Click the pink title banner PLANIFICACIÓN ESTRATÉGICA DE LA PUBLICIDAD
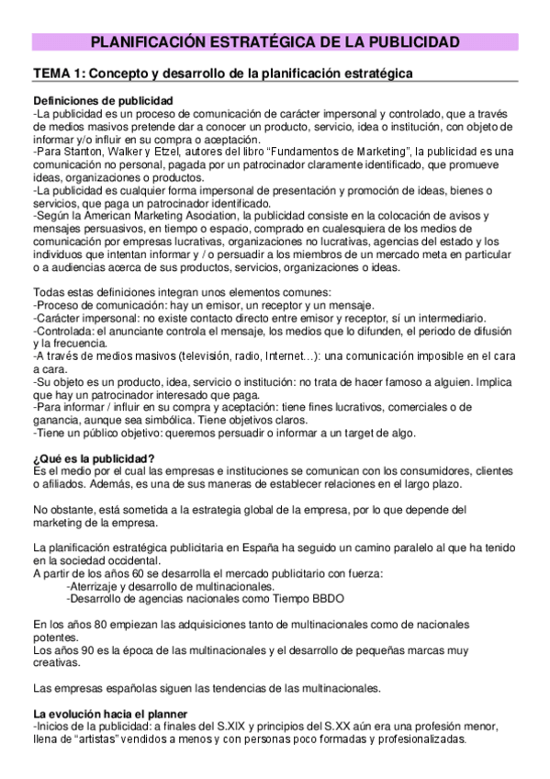click(x=275, y=42)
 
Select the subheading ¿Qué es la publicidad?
click(x=93, y=459)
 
